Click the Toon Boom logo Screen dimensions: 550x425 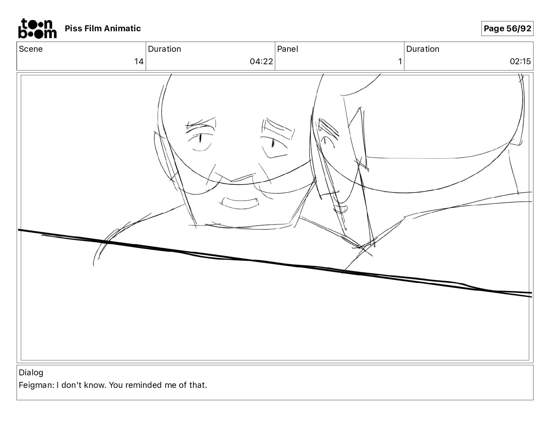click(x=37, y=28)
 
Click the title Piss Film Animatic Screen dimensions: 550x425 click(x=103, y=28)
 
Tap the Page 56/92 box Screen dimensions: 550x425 click(x=507, y=28)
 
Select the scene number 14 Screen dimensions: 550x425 click(x=139, y=61)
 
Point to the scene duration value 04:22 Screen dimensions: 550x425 click(x=261, y=61)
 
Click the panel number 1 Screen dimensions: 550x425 click(x=400, y=61)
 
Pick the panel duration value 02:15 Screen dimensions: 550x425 click(x=520, y=61)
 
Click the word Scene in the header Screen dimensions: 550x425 click(x=31, y=49)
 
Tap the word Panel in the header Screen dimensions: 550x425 click(x=287, y=49)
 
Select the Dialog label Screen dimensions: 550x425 click(x=31, y=373)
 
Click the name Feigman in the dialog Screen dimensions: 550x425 click(x=36, y=385)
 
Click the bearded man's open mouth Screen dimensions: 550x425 click(x=240, y=203)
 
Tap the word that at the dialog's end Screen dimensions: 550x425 click(x=198, y=385)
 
